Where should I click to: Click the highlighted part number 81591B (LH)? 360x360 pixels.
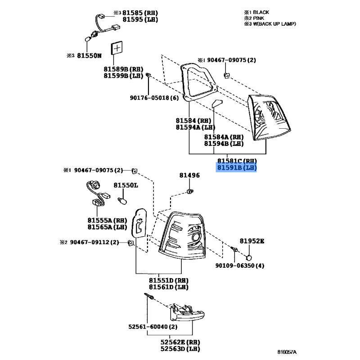tap(237, 167)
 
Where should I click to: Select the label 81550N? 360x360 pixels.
tap(89, 55)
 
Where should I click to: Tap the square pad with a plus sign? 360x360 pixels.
tap(117, 48)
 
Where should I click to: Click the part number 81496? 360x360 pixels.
tap(189, 175)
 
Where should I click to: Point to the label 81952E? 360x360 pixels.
tap(252, 241)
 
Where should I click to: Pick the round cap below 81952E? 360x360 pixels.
tap(249, 258)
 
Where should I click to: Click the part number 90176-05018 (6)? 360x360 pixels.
tap(154, 98)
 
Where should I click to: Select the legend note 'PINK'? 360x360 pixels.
tap(258, 18)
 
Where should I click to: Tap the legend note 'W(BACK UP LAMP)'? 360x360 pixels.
tap(274, 24)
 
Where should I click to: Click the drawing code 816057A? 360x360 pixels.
tap(287, 352)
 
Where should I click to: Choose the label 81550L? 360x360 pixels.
tap(126, 185)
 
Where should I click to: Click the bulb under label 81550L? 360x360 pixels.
tap(122, 201)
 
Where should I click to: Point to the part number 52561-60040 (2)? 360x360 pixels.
tap(153, 327)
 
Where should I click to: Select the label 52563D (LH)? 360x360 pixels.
tap(180, 349)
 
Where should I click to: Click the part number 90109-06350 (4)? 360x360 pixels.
tap(240, 265)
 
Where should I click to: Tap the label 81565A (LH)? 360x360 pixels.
tap(107, 227)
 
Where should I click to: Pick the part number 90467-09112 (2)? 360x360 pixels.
tap(94, 242)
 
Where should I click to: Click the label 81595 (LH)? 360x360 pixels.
tap(140, 19)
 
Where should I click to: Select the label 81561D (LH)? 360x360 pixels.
tap(169, 287)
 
